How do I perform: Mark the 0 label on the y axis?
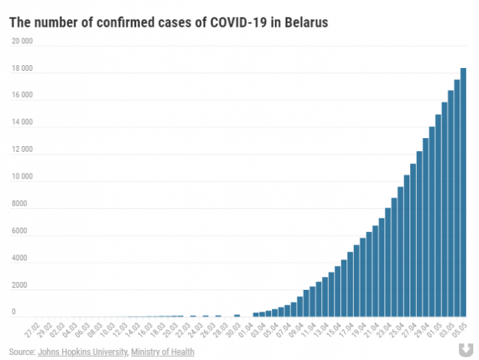[13, 312]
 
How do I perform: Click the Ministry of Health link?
[163, 352]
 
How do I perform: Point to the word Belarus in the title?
[305, 22]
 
